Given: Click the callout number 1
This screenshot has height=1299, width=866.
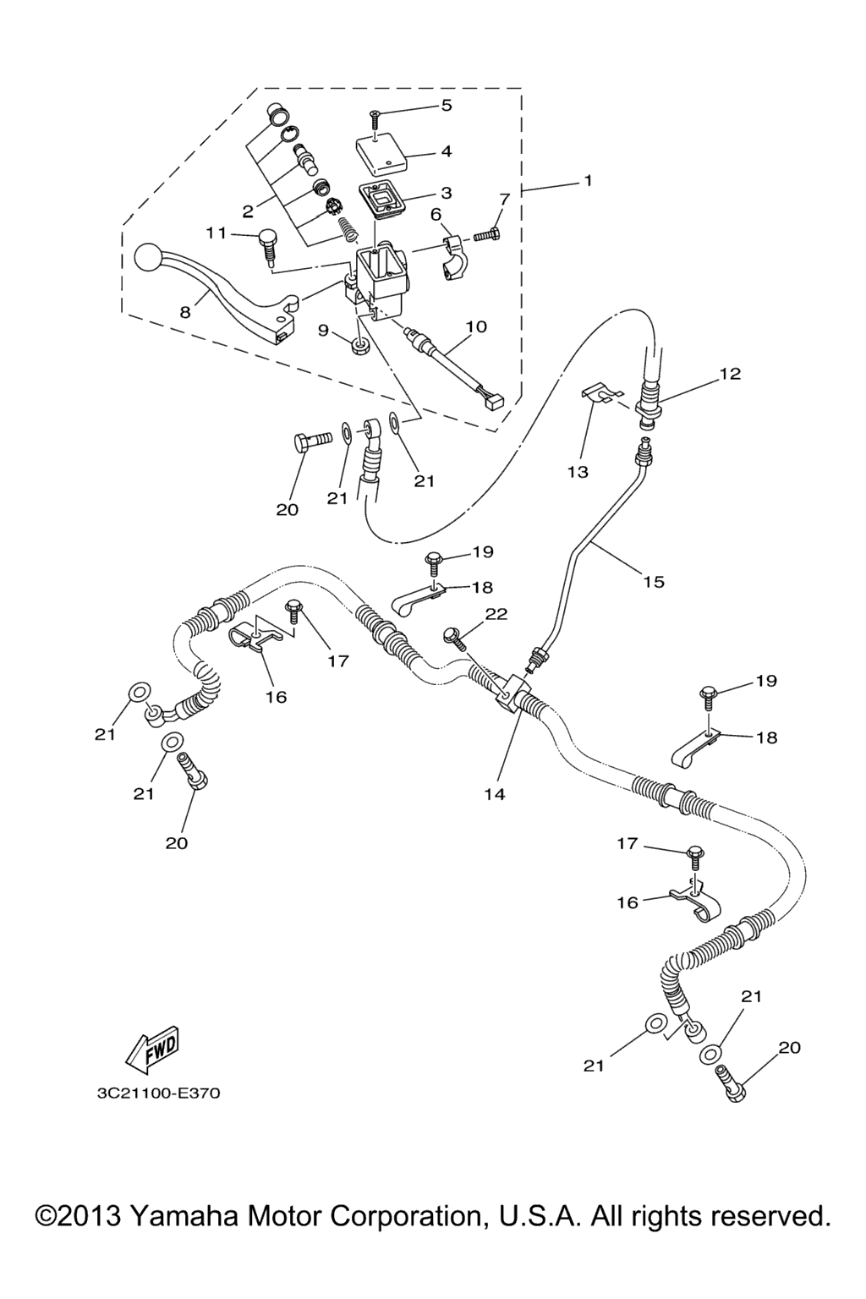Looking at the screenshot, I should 587,181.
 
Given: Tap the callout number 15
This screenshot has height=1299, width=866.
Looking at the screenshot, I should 654,582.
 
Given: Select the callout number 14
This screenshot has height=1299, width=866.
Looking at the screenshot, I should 495,794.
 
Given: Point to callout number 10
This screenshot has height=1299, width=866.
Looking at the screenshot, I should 476,326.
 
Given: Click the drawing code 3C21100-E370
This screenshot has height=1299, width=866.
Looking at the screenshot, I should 158,1093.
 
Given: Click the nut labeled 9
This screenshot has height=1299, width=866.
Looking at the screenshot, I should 359,344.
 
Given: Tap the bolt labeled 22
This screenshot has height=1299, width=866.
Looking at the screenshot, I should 457,636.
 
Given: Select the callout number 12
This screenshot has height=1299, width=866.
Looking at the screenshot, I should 730,373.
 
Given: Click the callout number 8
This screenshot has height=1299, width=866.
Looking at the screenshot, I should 185,311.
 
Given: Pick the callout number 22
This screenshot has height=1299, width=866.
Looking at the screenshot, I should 496,614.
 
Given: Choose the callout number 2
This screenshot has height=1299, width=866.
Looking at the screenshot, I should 248,211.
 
